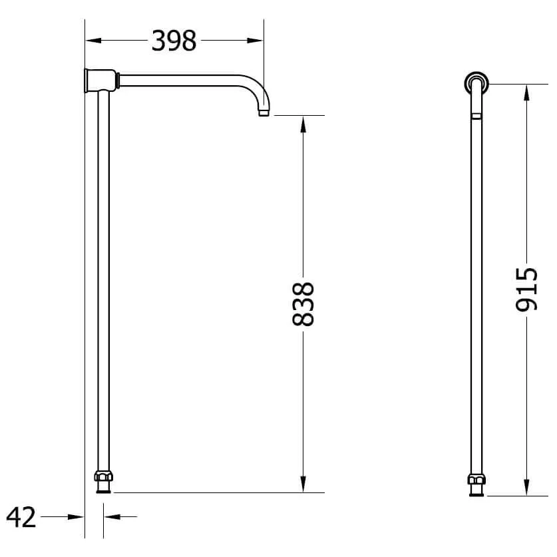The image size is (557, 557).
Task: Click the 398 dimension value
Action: (x=174, y=41)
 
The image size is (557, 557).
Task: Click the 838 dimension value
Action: (x=303, y=304)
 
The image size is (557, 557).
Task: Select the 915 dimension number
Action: (x=526, y=289)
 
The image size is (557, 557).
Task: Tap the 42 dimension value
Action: (x=21, y=516)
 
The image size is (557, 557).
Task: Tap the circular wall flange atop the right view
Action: (x=476, y=83)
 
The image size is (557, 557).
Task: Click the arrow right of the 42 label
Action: (x=77, y=516)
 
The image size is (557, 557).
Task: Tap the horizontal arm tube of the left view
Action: (x=180, y=81)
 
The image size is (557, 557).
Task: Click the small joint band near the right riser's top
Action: (x=476, y=115)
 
